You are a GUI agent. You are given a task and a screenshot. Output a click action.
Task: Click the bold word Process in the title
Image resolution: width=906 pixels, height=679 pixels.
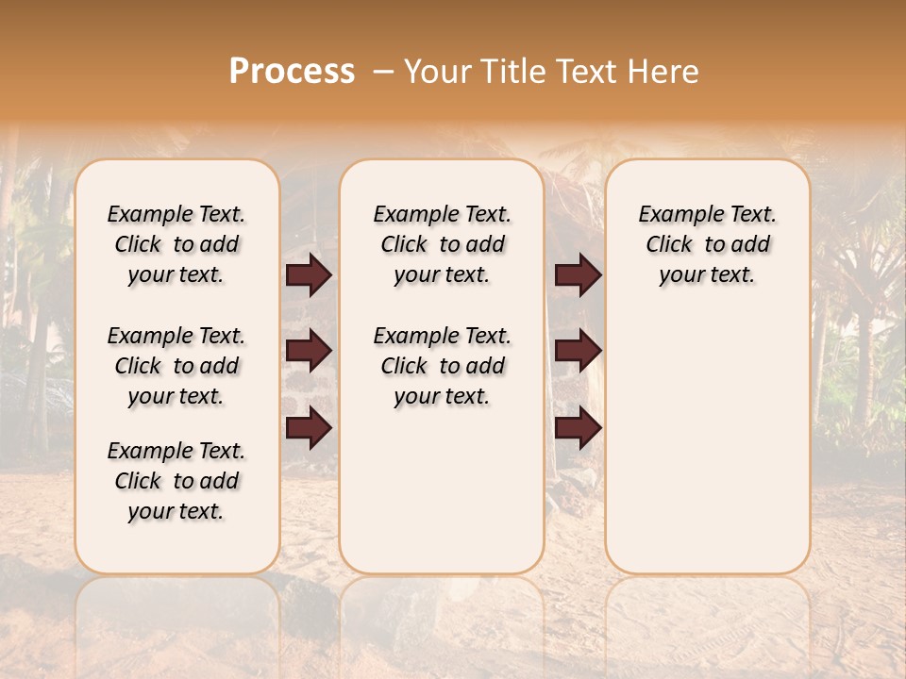click(x=292, y=71)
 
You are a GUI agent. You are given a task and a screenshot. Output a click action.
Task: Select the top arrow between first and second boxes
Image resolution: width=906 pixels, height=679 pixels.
click(x=309, y=275)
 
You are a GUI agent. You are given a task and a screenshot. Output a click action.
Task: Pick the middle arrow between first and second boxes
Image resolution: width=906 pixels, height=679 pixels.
click(x=309, y=351)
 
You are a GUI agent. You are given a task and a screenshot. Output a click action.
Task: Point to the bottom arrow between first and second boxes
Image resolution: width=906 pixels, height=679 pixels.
click(x=309, y=427)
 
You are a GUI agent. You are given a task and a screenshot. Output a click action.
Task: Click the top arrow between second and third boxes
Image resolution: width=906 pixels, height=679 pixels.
click(x=578, y=275)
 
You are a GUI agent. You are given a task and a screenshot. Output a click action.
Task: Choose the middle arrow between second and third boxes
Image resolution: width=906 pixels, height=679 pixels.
click(x=578, y=351)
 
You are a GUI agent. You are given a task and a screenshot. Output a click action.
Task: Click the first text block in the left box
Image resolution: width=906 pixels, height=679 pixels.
click(x=176, y=244)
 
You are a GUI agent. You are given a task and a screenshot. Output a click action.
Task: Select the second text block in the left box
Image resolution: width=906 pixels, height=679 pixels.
click(x=176, y=366)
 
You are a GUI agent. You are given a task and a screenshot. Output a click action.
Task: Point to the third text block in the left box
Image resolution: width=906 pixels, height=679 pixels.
click(x=176, y=481)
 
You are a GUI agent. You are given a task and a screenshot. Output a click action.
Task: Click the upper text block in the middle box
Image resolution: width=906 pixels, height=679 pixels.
click(x=442, y=244)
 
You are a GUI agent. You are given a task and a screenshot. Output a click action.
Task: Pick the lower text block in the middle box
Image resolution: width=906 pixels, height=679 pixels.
click(x=442, y=366)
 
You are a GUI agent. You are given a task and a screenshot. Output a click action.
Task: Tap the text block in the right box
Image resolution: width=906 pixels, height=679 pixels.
click(x=707, y=244)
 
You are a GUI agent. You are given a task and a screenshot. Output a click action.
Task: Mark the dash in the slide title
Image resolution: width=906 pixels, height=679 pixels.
click(x=383, y=71)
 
